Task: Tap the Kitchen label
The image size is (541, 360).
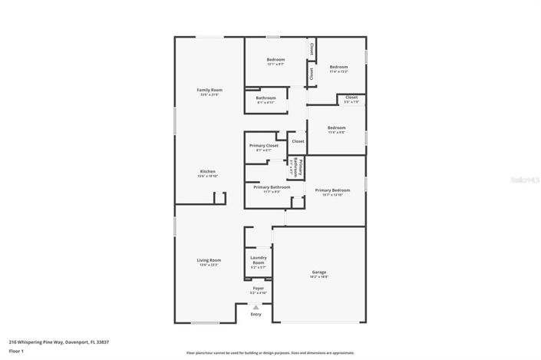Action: [207, 171]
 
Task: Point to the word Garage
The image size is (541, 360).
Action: [318, 272]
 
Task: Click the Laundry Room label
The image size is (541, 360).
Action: [258, 260]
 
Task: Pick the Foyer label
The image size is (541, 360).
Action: [258, 288]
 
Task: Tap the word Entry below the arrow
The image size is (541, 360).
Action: [256, 314]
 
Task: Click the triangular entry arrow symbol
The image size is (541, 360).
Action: [256, 307]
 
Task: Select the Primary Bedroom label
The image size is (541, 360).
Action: [332, 190]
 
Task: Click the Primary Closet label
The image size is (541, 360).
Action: [263, 145]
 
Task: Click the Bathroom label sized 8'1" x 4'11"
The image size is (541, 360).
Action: [266, 97]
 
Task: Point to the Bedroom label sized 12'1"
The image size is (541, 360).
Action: [275, 60]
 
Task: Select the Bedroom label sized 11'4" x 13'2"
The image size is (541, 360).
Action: [339, 67]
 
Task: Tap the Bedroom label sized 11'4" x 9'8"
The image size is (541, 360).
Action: [336, 127]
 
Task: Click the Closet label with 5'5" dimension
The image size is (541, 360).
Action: [351, 97]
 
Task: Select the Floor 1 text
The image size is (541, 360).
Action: [17, 351]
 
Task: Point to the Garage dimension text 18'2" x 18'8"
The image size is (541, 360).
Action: [318, 277]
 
